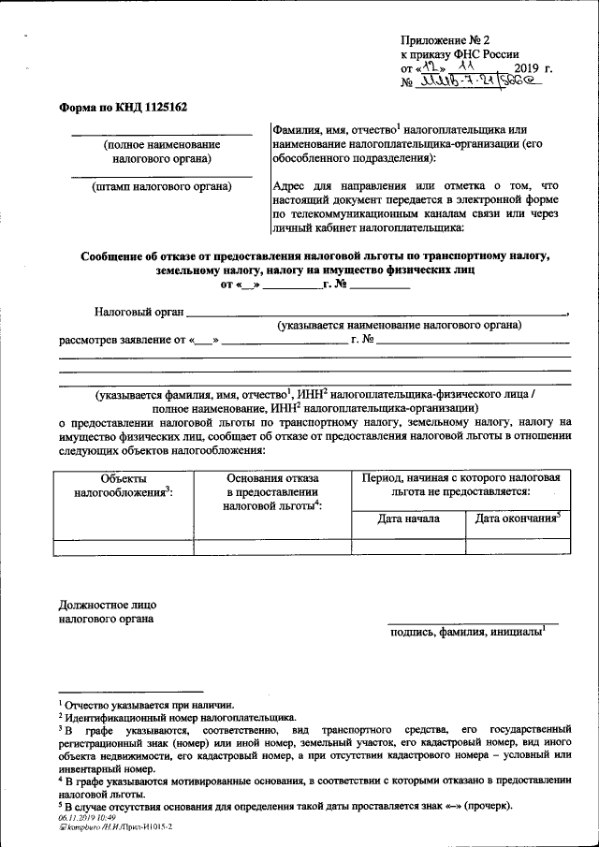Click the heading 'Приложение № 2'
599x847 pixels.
click(446, 40)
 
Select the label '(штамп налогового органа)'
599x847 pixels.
click(162, 186)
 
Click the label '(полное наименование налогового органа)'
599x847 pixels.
click(162, 152)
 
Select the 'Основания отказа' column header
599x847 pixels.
click(272, 491)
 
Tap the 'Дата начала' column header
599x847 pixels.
click(407, 518)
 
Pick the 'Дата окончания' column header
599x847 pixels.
click(518, 518)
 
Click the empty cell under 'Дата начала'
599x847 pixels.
click(407, 548)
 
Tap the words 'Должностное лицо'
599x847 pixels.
click(106, 605)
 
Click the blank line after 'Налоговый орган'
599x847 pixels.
click(374, 310)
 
